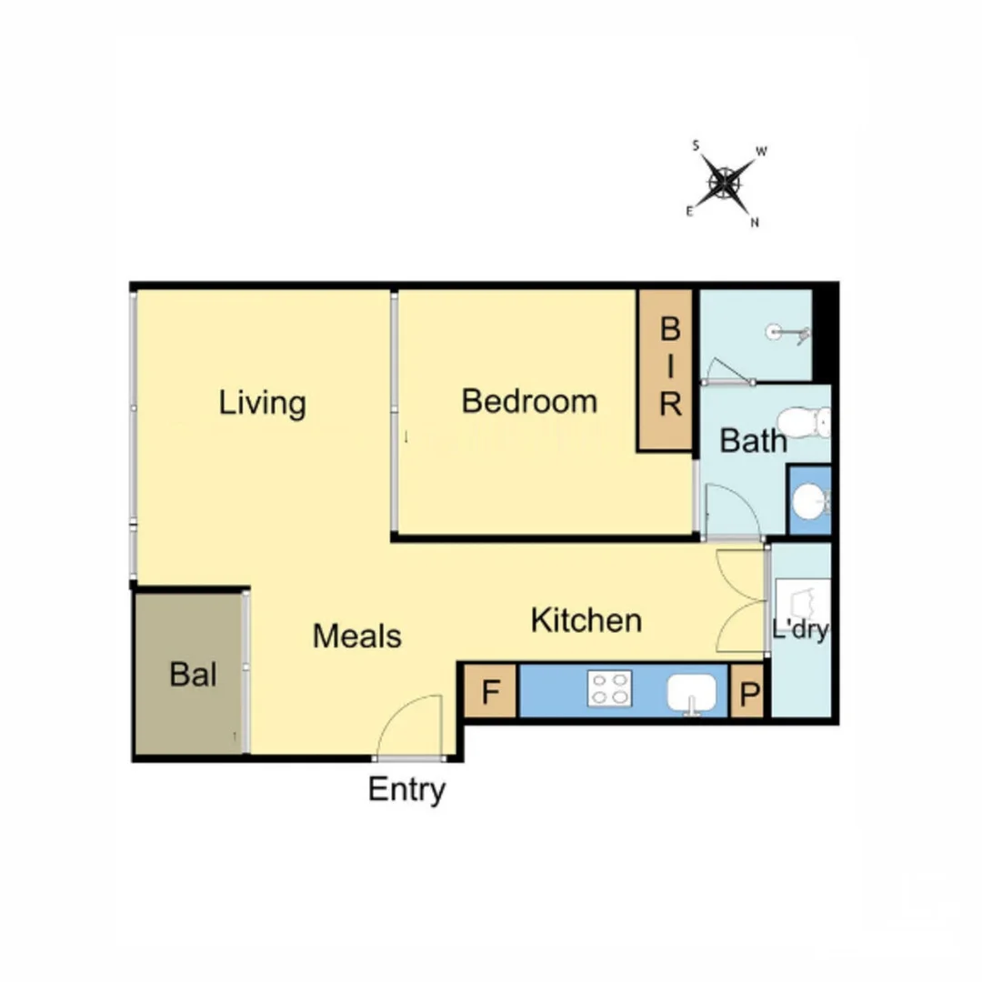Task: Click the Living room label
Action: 262,403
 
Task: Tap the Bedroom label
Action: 529,401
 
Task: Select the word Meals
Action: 356,636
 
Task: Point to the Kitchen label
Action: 586,621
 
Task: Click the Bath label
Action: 753,441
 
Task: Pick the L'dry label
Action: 800,630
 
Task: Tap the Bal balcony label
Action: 193,676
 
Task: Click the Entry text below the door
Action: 406,790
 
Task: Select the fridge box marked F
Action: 490,693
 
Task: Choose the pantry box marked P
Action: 747,693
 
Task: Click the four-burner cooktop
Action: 609,688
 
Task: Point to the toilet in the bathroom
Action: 806,421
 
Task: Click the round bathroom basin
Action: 807,500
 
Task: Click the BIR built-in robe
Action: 668,369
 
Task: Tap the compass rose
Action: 725,185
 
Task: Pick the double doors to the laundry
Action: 739,602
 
